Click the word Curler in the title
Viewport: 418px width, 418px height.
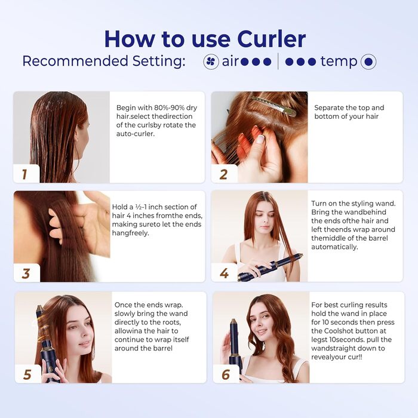click(x=271, y=39)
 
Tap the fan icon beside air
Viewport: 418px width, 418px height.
click(x=211, y=62)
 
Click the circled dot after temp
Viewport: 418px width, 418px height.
click(x=368, y=62)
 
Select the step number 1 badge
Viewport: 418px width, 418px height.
click(x=26, y=174)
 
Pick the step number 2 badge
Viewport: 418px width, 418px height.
click(x=224, y=174)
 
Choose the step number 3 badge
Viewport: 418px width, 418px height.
click(x=26, y=273)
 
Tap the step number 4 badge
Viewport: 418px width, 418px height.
click(x=224, y=273)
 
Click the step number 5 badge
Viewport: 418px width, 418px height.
click(x=27, y=374)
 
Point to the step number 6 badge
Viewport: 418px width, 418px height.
click(x=226, y=374)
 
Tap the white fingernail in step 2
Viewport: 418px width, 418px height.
click(x=260, y=137)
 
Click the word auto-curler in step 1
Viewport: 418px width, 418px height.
click(x=136, y=134)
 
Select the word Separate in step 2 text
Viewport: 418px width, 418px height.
click(x=329, y=108)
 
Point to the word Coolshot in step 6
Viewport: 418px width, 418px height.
click(x=339, y=331)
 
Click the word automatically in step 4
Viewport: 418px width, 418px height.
click(x=334, y=247)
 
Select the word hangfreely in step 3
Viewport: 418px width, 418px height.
click(x=130, y=233)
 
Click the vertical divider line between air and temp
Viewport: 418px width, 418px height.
click(x=278, y=61)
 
